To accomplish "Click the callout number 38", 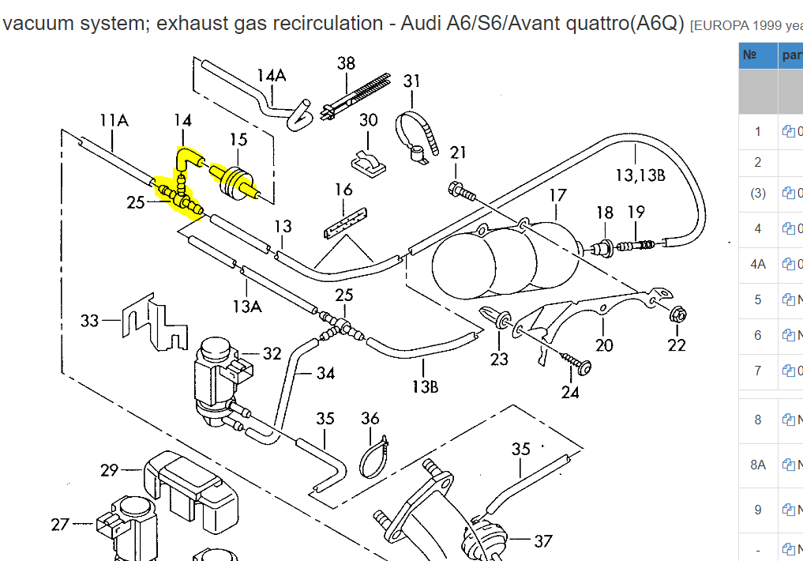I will [x=347, y=63].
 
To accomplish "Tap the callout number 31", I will [x=412, y=81].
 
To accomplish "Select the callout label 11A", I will [x=114, y=120].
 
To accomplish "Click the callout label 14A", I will [x=271, y=75].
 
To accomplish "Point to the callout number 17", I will [x=557, y=194].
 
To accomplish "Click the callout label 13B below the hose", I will [x=424, y=386].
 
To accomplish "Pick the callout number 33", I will [x=90, y=321].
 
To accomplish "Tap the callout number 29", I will [x=109, y=470].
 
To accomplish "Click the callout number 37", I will [x=542, y=541].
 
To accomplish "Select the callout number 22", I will [x=677, y=345].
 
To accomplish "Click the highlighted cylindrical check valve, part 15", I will [x=233, y=179].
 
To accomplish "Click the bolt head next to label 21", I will [x=456, y=190].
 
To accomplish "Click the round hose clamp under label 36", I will [x=373, y=458].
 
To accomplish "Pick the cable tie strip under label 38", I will [x=359, y=96].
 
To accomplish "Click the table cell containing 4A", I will [x=758, y=265].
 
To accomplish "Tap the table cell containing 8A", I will [x=758, y=465].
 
